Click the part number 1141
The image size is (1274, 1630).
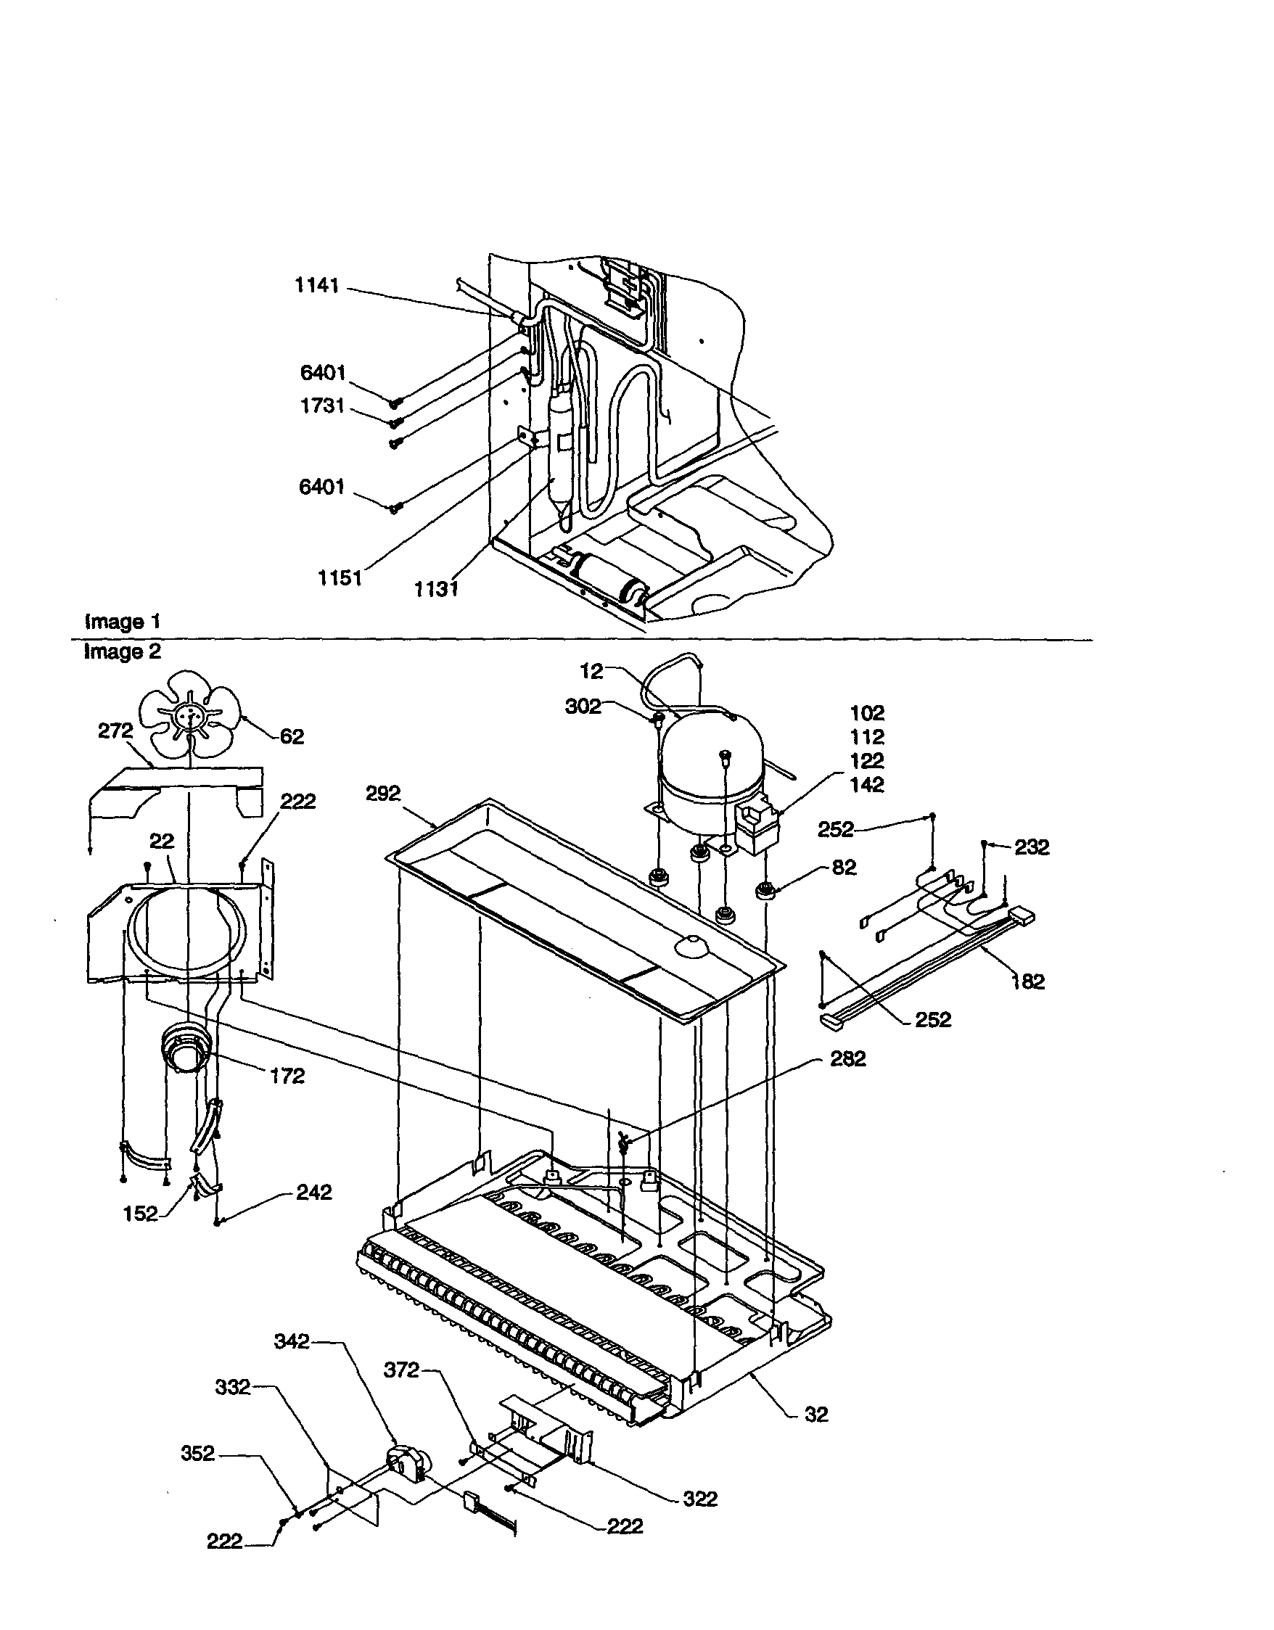(x=317, y=286)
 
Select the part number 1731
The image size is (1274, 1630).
(x=321, y=406)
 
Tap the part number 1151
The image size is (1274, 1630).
(x=340, y=578)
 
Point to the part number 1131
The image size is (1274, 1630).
(x=436, y=589)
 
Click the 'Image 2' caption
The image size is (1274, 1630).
(x=123, y=651)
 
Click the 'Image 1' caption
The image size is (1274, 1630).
(x=123, y=622)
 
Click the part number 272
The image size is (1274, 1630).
(x=115, y=731)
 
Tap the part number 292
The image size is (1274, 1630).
(x=383, y=794)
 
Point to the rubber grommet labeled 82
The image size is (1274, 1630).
(x=765, y=889)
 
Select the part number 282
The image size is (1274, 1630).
(x=848, y=1059)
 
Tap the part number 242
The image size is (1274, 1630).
(x=313, y=1193)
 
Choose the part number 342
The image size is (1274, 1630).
(x=291, y=1341)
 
